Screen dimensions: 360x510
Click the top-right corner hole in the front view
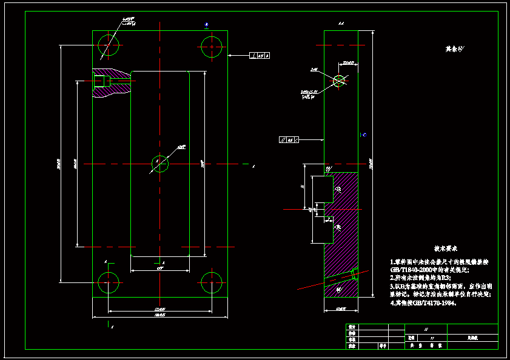212,45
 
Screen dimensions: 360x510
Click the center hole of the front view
159,164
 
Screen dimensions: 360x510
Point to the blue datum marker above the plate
207,25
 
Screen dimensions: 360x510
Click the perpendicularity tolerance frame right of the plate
260,56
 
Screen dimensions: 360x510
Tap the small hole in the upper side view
339,79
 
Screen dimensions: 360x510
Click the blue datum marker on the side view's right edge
363,135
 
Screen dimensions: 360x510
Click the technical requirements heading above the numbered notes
445,248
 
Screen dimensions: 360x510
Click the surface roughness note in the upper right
454,48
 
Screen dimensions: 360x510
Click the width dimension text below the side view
340,309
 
